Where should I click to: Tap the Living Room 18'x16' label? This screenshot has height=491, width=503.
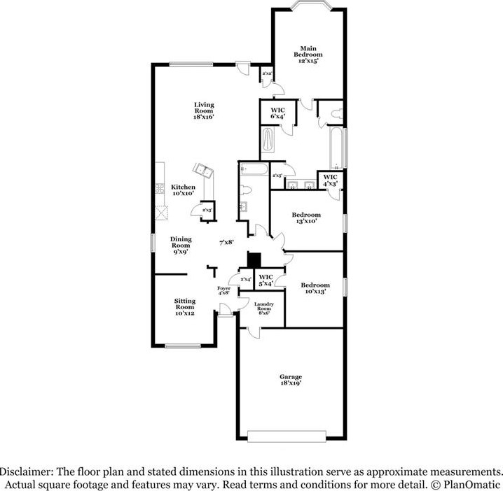click(x=204, y=111)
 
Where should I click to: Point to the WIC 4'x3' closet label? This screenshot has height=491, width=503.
click(x=330, y=180)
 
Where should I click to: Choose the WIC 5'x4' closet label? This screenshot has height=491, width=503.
click(x=266, y=280)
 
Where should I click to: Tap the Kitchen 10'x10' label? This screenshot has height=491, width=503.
click(x=184, y=190)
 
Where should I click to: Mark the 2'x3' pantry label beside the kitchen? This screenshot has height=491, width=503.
click(x=207, y=210)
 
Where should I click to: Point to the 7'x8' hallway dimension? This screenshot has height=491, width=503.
click(x=226, y=242)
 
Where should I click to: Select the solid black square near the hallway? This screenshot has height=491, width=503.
click(x=255, y=259)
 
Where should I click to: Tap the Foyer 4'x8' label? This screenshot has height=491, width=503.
click(x=223, y=291)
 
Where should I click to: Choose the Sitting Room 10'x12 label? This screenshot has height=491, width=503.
click(x=185, y=306)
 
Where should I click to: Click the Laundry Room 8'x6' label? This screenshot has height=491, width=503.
click(x=263, y=309)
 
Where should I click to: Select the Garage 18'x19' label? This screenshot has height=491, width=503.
click(x=291, y=380)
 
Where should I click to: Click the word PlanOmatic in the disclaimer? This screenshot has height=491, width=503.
click(x=476, y=484)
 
